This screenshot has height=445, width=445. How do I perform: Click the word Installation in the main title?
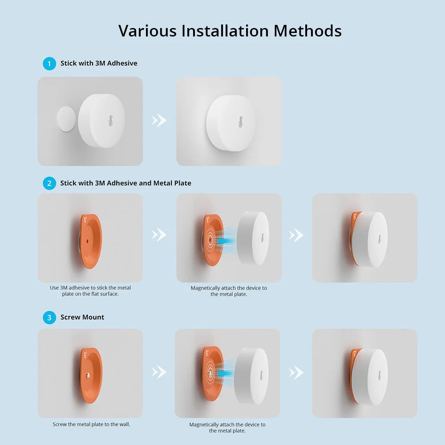[x=225, y=31]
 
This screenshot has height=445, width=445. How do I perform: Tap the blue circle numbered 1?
[x=49, y=64]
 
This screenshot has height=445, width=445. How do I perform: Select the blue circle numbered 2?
[x=49, y=183]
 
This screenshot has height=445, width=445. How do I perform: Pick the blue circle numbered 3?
[x=49, y=317]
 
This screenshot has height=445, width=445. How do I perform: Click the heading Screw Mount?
[x=82, y=317]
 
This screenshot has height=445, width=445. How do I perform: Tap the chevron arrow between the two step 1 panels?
[x=159, y=120]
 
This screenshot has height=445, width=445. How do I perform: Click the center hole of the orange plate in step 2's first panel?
[x=87, y=241]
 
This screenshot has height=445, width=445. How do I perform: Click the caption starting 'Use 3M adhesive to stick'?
[x=90, y=291]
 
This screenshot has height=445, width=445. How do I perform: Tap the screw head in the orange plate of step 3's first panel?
[x=89, y=376]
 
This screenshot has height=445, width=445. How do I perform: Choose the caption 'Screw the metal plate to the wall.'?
[x=91, y=424]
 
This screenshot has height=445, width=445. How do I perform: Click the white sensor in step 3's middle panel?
[x=252, y=376]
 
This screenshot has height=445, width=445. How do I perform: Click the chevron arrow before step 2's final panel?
[x=296, y=235]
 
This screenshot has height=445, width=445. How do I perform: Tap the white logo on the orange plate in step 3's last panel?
[x=355, y=355]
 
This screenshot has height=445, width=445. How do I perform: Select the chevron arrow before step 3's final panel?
[x=296, y=372]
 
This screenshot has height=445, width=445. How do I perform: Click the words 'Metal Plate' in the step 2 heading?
[x=172, y=183]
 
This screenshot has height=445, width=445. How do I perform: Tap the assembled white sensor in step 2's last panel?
[x=372, y=239]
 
